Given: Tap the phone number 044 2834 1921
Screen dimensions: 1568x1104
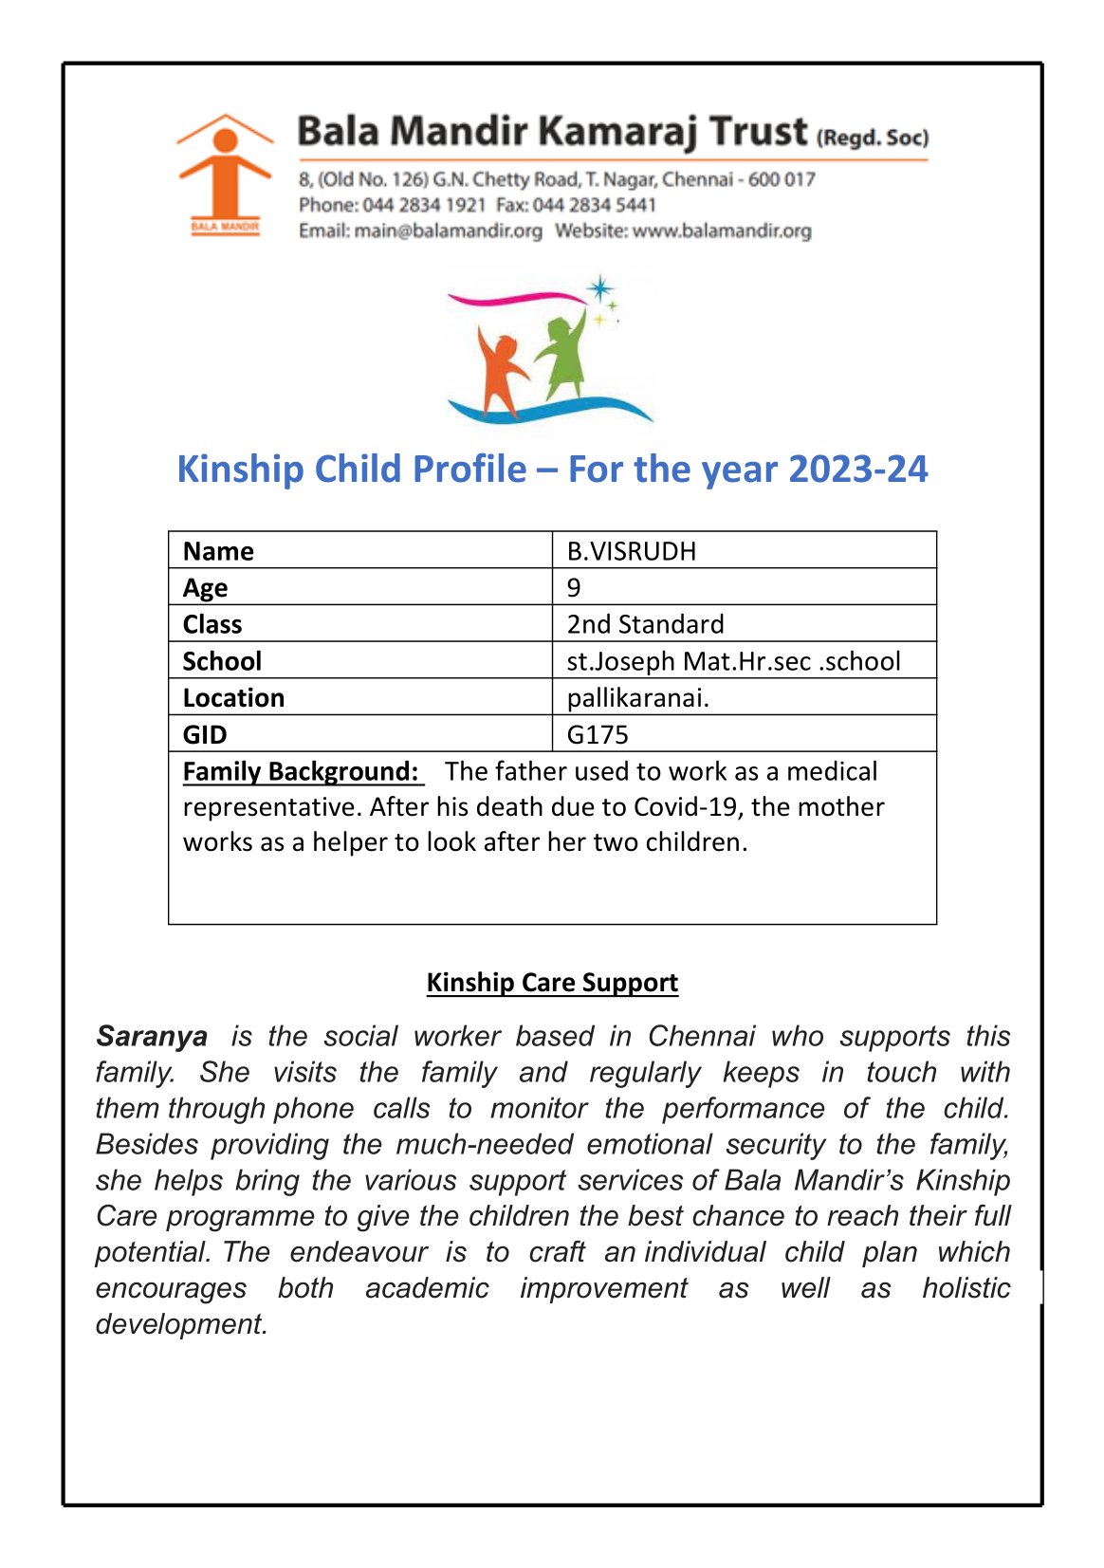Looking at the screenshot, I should click(x=424, y=205).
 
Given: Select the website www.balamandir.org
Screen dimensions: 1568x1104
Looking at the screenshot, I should click(x=722, y=231).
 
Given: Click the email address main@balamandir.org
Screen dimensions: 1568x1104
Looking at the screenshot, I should click(x=448, y=231).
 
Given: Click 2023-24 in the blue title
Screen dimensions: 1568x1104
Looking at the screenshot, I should click(x=857, y=470).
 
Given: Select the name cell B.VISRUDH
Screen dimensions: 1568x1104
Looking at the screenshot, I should click(x=632, y=551).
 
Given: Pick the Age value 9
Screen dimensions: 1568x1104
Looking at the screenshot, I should click(x=574, y=587).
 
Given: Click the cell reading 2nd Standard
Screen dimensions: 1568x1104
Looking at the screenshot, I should click(x=645, y=624).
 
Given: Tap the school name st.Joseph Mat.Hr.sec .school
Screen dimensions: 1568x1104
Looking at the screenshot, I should click(x=733, y=661).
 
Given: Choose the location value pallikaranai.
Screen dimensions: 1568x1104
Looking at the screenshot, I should click(x=637, y=698).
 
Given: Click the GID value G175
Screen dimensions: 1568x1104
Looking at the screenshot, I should click(x=598, y=734).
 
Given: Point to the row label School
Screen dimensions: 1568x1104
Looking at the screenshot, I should click(x=222, y=661).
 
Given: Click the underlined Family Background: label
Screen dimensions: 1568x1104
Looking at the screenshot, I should click(x=301, y=771).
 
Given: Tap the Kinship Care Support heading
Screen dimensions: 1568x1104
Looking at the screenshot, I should click(x=552, y=982).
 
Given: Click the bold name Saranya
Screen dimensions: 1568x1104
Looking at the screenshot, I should click(x=152, y=1036).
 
